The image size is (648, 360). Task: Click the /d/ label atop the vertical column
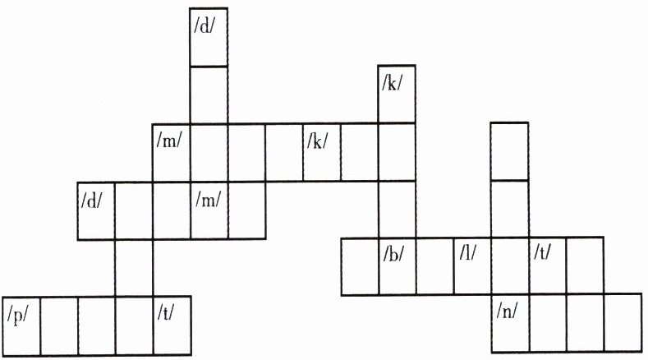pos(205,26)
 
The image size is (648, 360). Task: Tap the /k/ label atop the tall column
pos(392,84)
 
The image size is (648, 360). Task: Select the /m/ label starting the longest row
pos(168,141)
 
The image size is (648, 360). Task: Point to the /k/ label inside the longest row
pos(317,141)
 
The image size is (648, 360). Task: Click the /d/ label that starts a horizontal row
pos(92,201)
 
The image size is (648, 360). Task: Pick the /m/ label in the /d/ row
pos(209,200)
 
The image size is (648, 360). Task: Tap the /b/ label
pos(393,254)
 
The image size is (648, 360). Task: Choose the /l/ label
pos(468,252)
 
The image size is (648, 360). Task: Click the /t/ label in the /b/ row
pos(542,252)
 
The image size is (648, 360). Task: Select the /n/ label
pos(507,311)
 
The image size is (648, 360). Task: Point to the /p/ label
pos(18,316)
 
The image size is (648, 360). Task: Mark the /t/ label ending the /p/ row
pos(166,312)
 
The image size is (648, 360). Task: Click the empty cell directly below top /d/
pos(209,95)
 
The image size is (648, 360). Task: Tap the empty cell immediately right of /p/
pos(59,325)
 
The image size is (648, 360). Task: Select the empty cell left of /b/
pos(360,266)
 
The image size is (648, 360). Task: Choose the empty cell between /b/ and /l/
pos(435,266)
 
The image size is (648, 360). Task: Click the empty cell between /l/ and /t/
pos(510,266)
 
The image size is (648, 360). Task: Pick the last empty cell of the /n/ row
pos(623,323)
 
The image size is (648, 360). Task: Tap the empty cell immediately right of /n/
pos(548,323)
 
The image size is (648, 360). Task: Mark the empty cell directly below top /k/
pos(397,152)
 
